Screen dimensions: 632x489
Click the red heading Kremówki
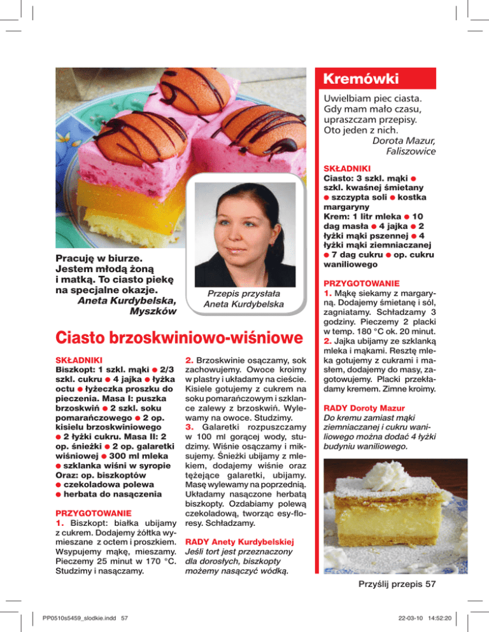361,79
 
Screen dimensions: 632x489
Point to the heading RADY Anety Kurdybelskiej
239,542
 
